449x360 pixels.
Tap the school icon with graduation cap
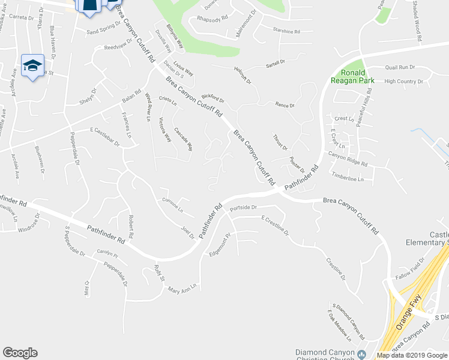pos(32,65)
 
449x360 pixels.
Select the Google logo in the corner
pos(20,353)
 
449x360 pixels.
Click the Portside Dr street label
pos(243,208)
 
